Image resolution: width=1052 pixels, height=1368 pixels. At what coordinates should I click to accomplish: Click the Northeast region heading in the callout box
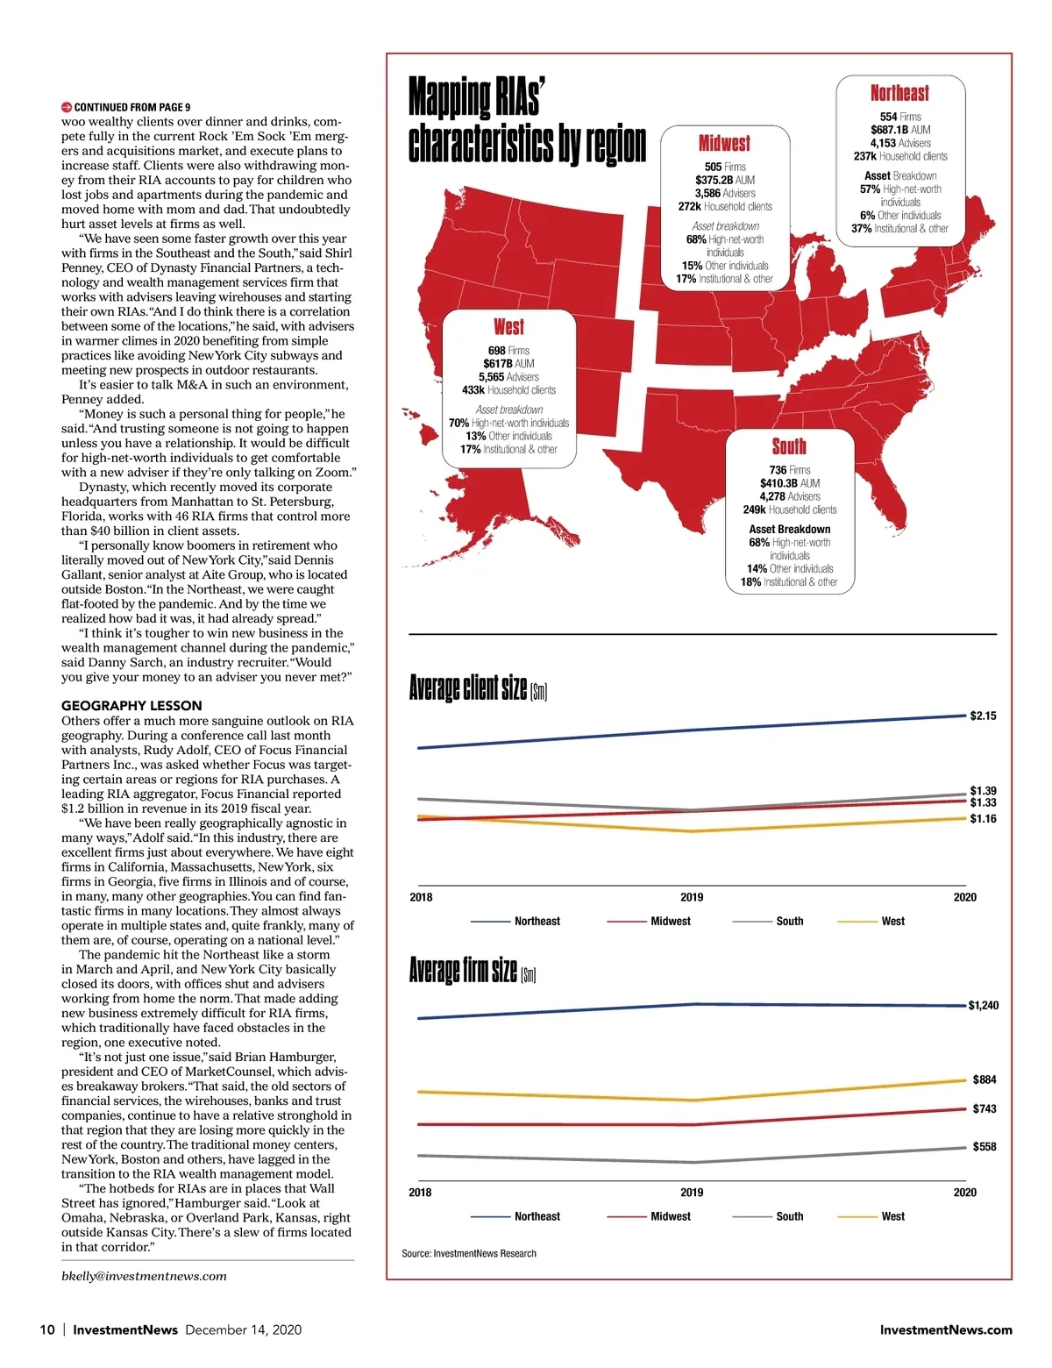pyautogui.click(x=899, y=93)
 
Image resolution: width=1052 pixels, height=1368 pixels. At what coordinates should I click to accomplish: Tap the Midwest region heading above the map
pyautogui.click(x=724, y=143)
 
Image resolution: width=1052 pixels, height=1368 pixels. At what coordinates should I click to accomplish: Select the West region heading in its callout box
pyautogui.click(x=508, y=327)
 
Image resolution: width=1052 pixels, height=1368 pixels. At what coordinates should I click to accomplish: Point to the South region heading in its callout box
pyautogui.click(x=789, y=446)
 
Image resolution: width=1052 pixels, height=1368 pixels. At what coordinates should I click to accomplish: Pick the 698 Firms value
pyautogui.click(x=508, y=350)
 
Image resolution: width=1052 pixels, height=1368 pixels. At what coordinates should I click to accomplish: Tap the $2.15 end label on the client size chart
pyautogui.click(x=983, y=716)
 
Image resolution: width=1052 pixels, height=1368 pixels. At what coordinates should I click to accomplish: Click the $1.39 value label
pyautogui.click(x=983, y=790)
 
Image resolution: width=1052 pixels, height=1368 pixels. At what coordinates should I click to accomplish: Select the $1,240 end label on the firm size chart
pyautogui.click(x=983, y=1005)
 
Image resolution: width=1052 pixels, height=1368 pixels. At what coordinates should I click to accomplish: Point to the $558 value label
pyautogui.click(x=984, y=1146)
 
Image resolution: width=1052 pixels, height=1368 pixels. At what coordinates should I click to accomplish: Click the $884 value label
pyautogui.click(x=984, y=1079)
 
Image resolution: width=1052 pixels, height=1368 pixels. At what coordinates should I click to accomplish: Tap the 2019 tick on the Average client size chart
pyautogui.click(x=692, y=897)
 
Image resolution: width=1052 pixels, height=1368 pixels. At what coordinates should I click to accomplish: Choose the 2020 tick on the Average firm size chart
pyautogui.click(x=964, y=1192)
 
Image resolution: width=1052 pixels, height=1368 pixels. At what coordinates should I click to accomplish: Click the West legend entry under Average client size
pyautogui.click(x=892, y=921)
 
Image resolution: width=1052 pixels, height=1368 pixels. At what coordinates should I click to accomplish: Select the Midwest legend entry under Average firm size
pyautogui.click(x=670, y=1216)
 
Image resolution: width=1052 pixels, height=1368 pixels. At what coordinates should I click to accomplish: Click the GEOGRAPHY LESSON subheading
pyautogui.click(x=131, y=705)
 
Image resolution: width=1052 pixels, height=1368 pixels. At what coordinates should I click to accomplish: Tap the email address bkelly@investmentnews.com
pyautogui.click(x=144, y=1276)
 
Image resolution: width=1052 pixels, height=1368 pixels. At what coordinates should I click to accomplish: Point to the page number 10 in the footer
pyautogui.click(x=47, y=1329)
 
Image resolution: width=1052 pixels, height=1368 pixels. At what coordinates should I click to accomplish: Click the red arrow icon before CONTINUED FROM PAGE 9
pyautogui.click(x=67, y=107)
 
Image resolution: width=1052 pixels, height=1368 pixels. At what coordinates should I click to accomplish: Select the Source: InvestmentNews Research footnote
pyautogui.click(x=469, y=1253)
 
